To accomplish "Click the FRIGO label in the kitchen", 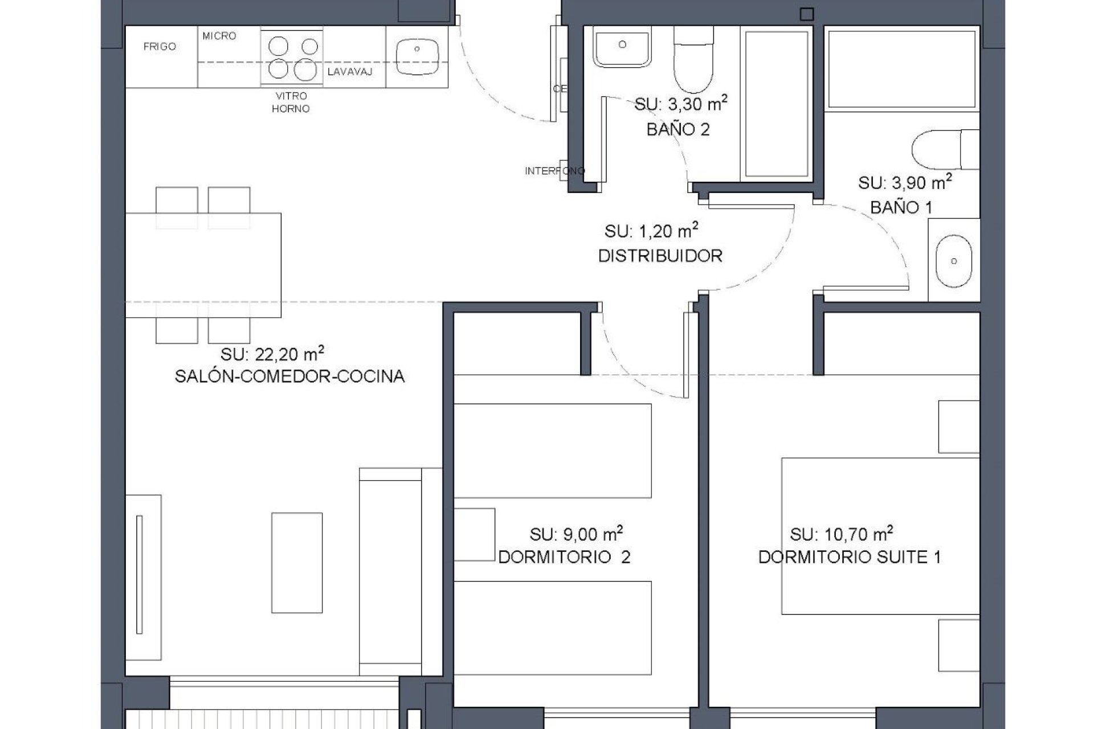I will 160,47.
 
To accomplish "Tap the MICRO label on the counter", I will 219,36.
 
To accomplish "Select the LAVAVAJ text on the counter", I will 350,72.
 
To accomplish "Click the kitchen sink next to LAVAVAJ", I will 417,56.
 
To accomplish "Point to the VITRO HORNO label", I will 291,103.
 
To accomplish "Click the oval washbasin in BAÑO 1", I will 953,261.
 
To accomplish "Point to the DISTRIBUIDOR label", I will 660,256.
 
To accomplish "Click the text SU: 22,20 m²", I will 272,354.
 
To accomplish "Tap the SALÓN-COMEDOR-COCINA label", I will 289,376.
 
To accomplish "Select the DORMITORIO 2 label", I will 564,557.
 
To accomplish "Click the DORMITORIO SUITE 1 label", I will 849,557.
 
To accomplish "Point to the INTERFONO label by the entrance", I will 554,171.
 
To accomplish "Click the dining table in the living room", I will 203,265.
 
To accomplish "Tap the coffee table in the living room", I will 296,554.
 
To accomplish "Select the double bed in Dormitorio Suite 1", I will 880,536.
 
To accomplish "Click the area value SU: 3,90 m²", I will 905,183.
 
